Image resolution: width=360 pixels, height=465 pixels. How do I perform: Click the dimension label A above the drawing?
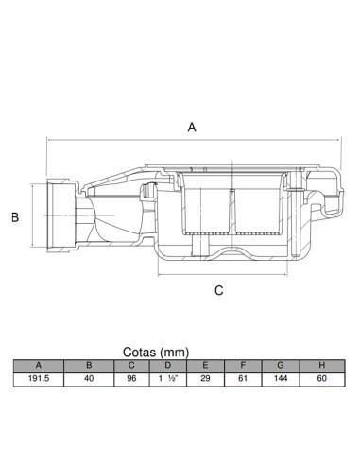pyautogui.click(x=193, y=126)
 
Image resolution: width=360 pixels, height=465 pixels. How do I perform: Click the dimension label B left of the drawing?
pyautogui.click(x=14, y=217)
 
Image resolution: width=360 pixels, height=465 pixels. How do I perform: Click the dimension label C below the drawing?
pyautogui.click(x=218, y=290)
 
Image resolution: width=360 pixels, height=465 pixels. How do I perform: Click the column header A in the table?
pyautogui.click(x=38, y=365)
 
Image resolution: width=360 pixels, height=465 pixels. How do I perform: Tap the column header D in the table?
pyautogui.click(x=166, y=365)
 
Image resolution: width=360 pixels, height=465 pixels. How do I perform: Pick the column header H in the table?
pyautogui.click(x=321, y=365)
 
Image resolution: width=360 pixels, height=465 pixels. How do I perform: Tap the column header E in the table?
pyautogui.click(x=203, y=365)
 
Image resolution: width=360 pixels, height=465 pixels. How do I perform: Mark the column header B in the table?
pyautogui.click(x=89, y=365)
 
